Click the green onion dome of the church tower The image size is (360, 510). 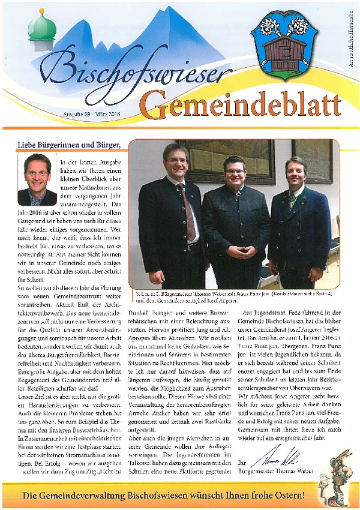tap(41, 26)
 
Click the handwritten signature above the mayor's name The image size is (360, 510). tap(269, 460)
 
